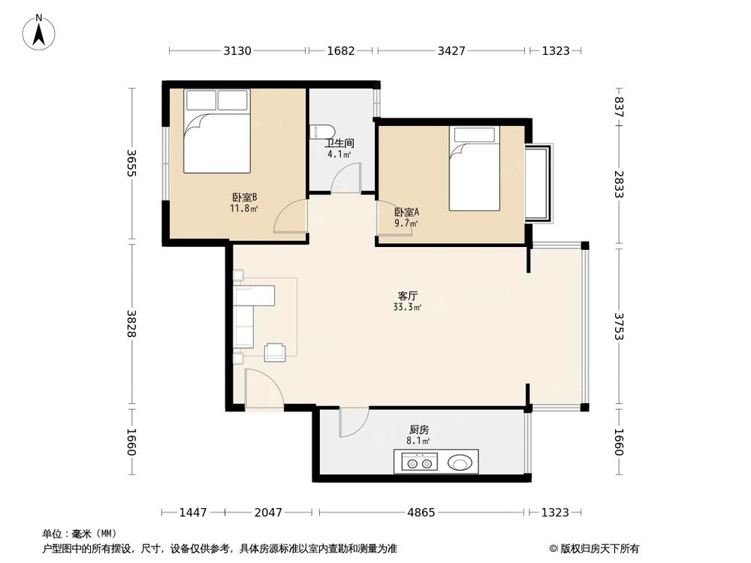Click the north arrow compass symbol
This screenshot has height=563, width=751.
(39, 32)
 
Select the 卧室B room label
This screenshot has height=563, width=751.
(245, 197)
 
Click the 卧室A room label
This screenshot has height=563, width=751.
(406, 212)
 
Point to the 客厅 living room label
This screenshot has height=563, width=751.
(407, 296)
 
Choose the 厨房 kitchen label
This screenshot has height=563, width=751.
(418, 429)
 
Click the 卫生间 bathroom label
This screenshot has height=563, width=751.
(339, 143)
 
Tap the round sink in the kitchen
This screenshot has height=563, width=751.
(460, 462)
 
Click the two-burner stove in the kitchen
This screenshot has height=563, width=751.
(420, 463)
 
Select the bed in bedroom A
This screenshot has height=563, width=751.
(474, 168)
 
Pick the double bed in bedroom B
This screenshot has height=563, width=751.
(217, 131)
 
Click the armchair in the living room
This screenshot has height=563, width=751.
(276, 352)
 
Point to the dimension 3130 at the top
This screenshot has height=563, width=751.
(237, 50)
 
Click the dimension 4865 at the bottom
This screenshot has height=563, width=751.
(421, 513)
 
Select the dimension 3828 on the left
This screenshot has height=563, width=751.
(131, 324)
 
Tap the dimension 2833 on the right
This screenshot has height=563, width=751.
(619, 185)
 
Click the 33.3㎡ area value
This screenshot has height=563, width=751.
(407, 307)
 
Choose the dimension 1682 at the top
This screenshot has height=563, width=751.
(340, 50)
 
